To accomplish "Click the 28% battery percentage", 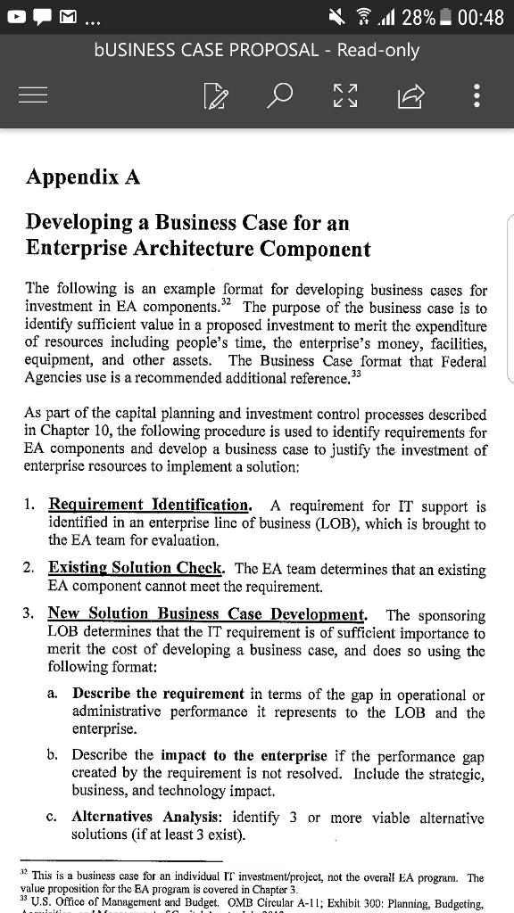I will point(419,17).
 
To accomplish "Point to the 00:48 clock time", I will point(480,17).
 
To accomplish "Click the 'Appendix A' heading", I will point(83,177).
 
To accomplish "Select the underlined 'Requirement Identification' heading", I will point(149,506).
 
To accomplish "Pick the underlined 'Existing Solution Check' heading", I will point(137,568).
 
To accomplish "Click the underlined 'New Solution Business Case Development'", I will point(207,614).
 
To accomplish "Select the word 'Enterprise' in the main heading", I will point(82,248).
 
